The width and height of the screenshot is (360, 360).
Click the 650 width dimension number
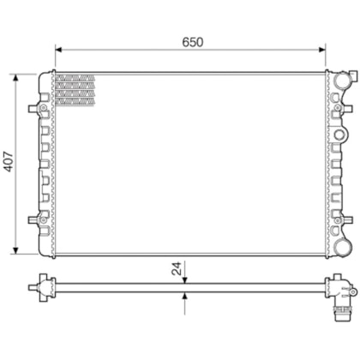[193, 42]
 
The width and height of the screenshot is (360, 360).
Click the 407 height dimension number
[8, 162]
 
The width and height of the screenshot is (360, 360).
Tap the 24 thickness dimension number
[177, 268]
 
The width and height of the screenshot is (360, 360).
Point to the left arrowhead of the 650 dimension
[58, 50]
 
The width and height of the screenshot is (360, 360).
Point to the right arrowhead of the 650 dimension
[322, 50]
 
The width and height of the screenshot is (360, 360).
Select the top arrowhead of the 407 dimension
[15, 78]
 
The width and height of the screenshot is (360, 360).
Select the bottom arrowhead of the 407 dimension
[15, 250]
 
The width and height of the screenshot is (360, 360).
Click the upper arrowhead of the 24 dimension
[185, 280]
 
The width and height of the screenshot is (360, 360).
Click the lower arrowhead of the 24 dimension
[185, 296]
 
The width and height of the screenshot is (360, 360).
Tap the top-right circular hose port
[343, 80]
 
